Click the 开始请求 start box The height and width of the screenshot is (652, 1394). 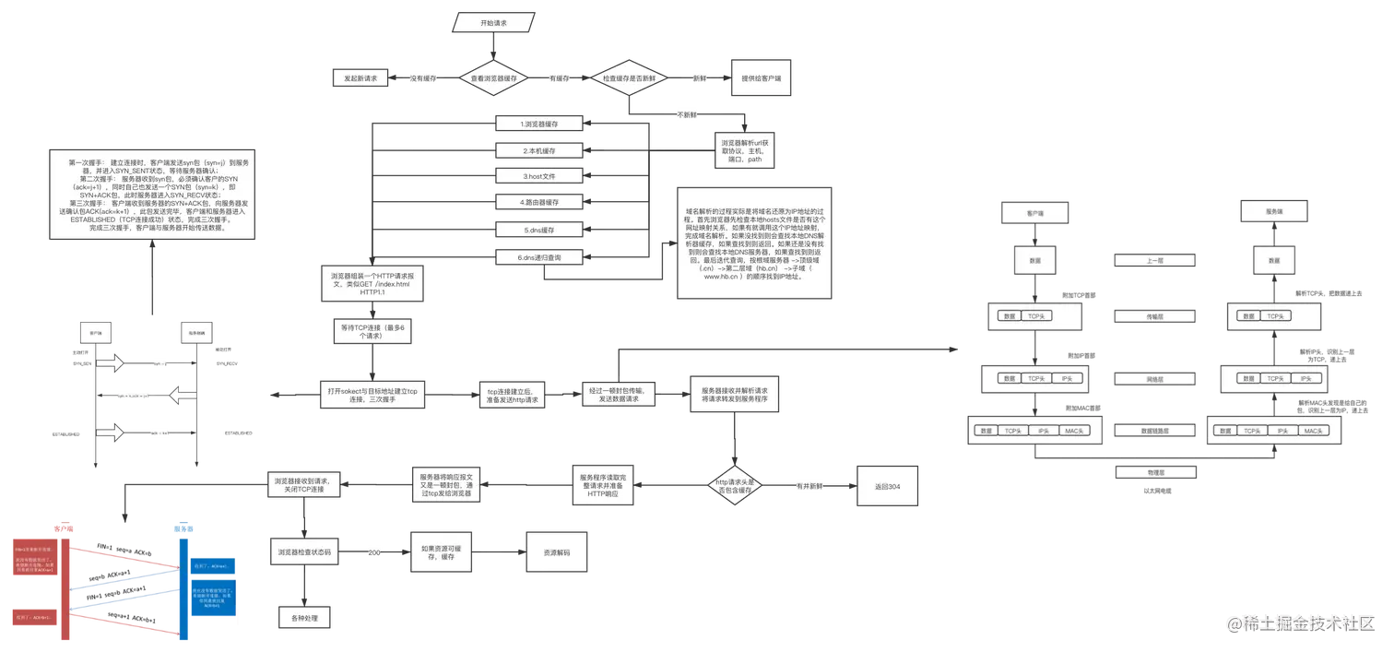coord(493,21)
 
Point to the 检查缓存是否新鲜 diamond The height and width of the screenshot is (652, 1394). coord(629,79)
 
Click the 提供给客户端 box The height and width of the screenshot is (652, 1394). coord(762,79)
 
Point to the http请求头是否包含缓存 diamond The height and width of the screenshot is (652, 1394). coord(736,486)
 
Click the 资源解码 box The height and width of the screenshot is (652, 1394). coord(556,552)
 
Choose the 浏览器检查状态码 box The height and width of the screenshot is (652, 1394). coord(304,552)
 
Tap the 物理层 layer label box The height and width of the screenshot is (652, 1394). coord(1142,472)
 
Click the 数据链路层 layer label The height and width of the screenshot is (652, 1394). coord(1142,431)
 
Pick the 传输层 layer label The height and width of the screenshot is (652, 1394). coord(1142,316)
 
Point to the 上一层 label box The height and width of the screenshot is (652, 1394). coord(1142,261)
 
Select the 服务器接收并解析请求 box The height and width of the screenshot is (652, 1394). coord(735,395)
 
